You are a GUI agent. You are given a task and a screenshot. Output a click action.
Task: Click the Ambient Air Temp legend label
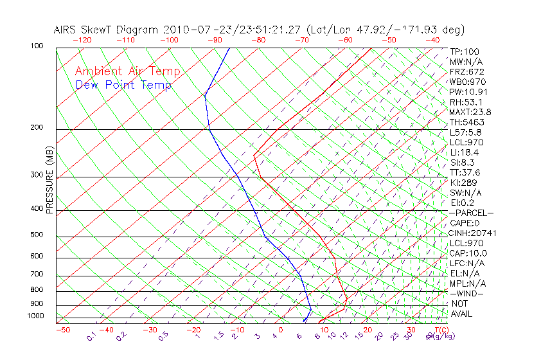(127, 71)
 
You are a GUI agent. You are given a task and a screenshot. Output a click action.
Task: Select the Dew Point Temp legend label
(123, 85)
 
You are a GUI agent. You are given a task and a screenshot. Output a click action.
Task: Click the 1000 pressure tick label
(36, 316)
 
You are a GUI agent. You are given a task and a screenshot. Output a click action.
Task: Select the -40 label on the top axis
(433, 40)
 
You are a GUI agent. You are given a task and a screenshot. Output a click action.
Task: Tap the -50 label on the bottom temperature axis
(62, 330)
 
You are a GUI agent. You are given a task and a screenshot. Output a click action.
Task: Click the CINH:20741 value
(473, 233)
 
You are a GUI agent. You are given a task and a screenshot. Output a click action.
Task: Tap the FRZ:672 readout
(466, 72)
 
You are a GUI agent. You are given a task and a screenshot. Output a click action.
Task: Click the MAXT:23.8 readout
(470, 112)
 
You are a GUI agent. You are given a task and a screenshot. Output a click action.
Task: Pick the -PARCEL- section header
(472, 213)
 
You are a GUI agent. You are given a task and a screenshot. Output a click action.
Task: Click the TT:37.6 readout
(465, 172)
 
